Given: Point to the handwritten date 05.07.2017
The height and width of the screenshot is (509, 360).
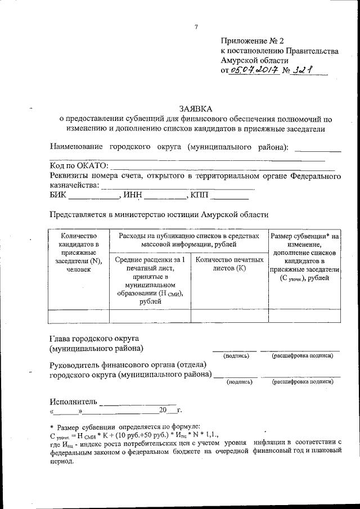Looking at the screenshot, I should (254, 71).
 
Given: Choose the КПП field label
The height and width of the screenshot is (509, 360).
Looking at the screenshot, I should (200, 195).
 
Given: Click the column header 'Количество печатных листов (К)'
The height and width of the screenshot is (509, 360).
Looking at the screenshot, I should (229, 264).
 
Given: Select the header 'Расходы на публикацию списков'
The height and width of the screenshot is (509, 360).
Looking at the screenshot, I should (188, 239).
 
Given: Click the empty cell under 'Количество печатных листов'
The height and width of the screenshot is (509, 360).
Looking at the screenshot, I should (229, 316).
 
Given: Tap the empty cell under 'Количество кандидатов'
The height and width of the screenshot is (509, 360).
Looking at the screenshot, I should (79, 316).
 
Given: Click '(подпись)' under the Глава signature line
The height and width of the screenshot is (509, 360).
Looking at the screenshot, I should (236, 356).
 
